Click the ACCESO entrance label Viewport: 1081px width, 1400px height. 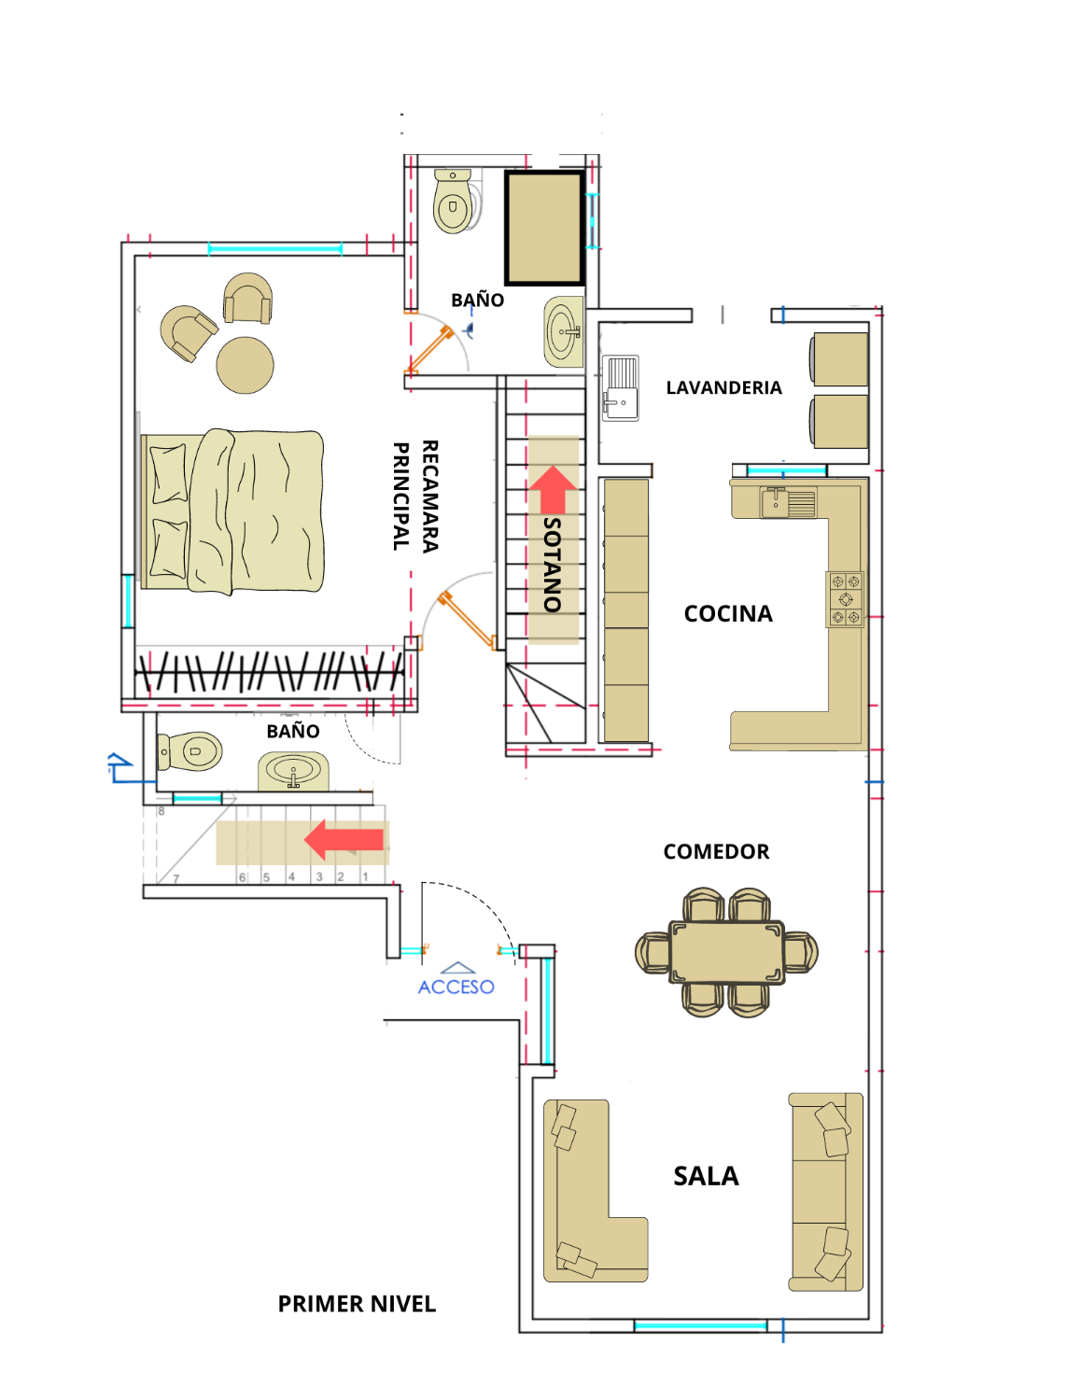(456, 987)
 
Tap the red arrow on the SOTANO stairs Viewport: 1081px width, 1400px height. (553, 490)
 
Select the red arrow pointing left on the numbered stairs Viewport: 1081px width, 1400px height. (344, 839)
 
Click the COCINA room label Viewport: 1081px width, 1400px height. (728, 614)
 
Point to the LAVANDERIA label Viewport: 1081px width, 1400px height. (723, 388)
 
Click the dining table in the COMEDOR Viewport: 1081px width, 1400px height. (726, 952)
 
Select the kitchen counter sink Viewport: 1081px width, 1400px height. (788, 502)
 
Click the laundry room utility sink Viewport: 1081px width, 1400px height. (621, 388)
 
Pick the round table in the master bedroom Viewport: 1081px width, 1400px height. (245, 365)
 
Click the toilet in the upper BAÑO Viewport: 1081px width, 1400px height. (454, 201)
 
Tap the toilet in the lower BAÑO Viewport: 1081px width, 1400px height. (190, 750)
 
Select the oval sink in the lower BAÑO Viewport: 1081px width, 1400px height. (293, 771)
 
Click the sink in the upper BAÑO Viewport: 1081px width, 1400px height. (565, 331)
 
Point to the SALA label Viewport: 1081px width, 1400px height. (706, 1176)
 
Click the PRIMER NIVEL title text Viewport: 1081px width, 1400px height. (357, 1303)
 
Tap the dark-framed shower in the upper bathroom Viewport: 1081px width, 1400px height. (544, 228)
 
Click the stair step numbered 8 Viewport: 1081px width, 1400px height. (161, 811)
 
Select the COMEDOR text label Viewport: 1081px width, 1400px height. (716, 852)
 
